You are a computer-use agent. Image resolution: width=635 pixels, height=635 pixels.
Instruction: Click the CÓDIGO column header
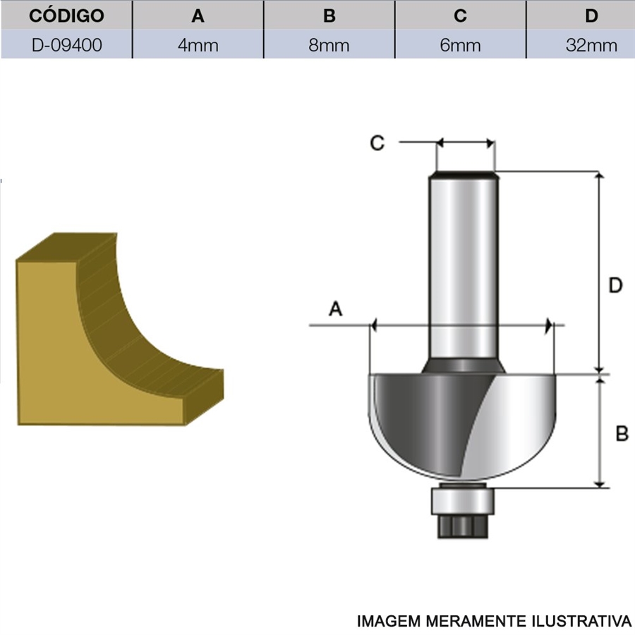(x=66, y=16)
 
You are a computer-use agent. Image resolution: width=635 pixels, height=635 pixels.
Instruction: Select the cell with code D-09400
(x=66, y=44)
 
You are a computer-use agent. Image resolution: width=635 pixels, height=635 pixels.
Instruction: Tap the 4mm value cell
(x=198, y=44)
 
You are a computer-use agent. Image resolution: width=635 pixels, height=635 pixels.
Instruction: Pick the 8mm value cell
(x=329, y=44)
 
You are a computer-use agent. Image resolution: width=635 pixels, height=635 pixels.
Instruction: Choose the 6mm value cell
(x=460, y=44)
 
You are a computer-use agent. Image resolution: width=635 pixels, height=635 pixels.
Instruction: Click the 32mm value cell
(x=591, y=44)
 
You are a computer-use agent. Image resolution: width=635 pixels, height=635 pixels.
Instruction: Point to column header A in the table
(x=198, y=16)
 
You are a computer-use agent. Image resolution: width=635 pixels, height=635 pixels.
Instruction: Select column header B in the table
(x=329, y=16)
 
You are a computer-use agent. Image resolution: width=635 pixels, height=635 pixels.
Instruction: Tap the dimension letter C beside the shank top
(x=377, y=143)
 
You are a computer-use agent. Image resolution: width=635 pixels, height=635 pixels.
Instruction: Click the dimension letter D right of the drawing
(x=615, y=286)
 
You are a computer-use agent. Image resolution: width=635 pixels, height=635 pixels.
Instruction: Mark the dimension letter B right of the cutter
(x=622, y=433)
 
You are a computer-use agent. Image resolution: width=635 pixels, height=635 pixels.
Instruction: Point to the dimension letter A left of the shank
(x=335, y=309)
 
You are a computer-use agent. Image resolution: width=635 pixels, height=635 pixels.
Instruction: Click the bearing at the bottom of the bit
(x=462, y=502)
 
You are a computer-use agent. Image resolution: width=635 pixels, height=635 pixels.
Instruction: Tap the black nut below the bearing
(x=462, y=526)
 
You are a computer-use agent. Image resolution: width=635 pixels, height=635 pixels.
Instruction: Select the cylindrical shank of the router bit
(x=464, y=267)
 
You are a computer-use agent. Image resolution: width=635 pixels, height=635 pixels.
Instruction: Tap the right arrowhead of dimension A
(x=549, y=325)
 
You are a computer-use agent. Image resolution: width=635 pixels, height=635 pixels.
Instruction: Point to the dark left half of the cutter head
(x=429, y=421)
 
